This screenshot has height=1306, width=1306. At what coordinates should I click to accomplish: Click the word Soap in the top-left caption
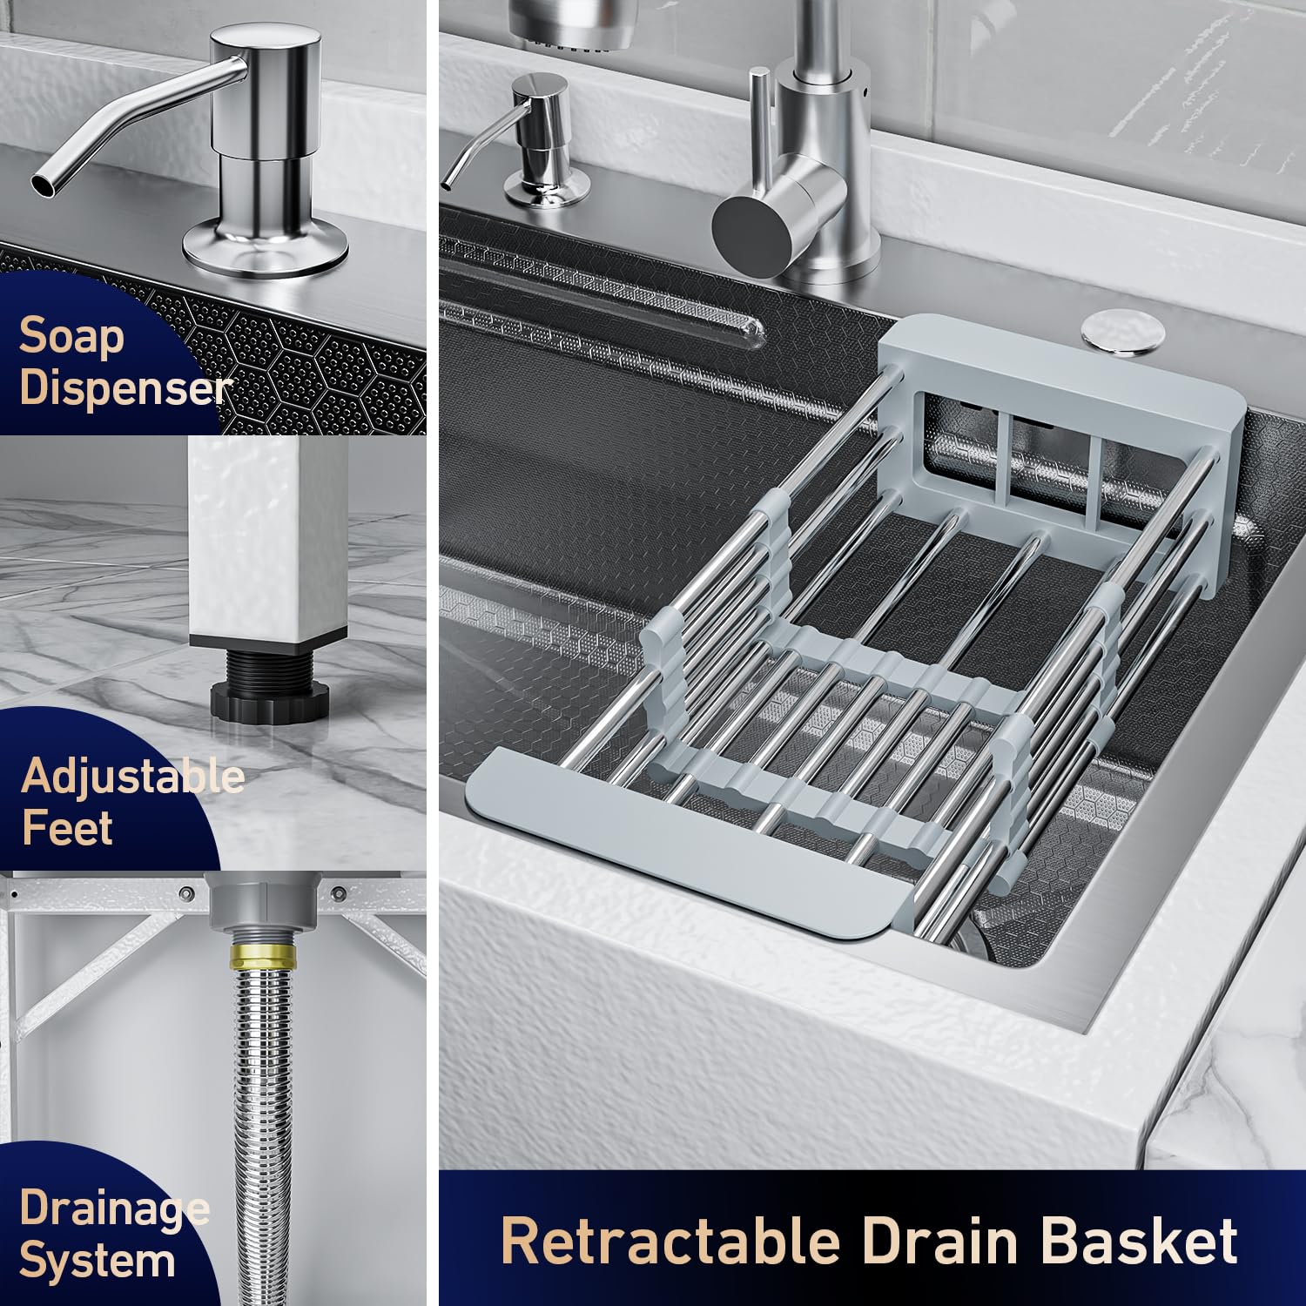71,336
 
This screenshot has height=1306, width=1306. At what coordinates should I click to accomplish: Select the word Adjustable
132,775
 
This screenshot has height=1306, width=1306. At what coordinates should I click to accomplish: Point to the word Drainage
114,1209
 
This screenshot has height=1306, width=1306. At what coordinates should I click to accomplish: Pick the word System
97,1260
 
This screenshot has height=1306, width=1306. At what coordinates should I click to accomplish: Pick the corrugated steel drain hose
261,1132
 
